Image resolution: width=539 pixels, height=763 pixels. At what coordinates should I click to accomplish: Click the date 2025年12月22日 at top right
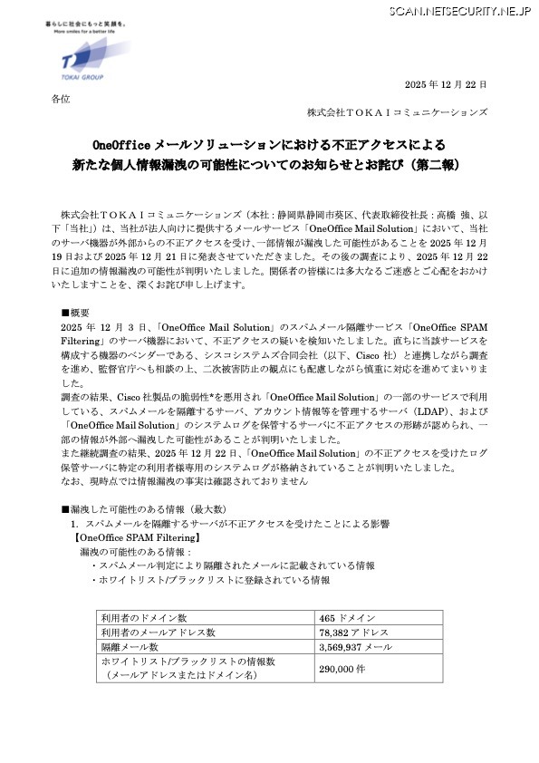[x=445, y=83]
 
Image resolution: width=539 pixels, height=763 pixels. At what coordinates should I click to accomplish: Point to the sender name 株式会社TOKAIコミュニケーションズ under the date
[x=397, y=112]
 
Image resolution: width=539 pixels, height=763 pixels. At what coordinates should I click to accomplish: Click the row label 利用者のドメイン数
[x=144, y=618]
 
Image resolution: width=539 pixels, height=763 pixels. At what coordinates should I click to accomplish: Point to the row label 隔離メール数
[x=129, y=647]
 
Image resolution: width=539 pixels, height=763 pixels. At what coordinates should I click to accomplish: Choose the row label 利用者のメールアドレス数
[x=158, y=633]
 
